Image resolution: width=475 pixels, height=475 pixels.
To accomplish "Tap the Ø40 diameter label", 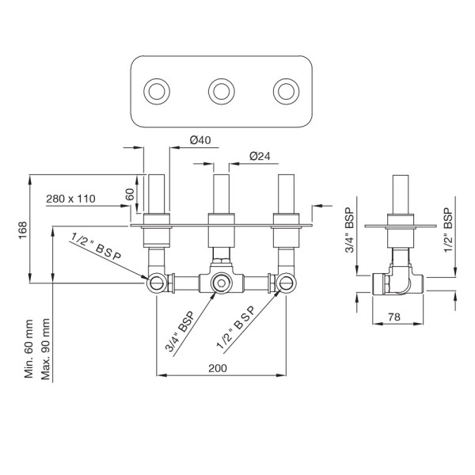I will (199, 141).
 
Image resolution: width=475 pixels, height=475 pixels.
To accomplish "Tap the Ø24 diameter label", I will (261, 157).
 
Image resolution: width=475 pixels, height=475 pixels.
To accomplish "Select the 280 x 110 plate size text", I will (70, 198).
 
